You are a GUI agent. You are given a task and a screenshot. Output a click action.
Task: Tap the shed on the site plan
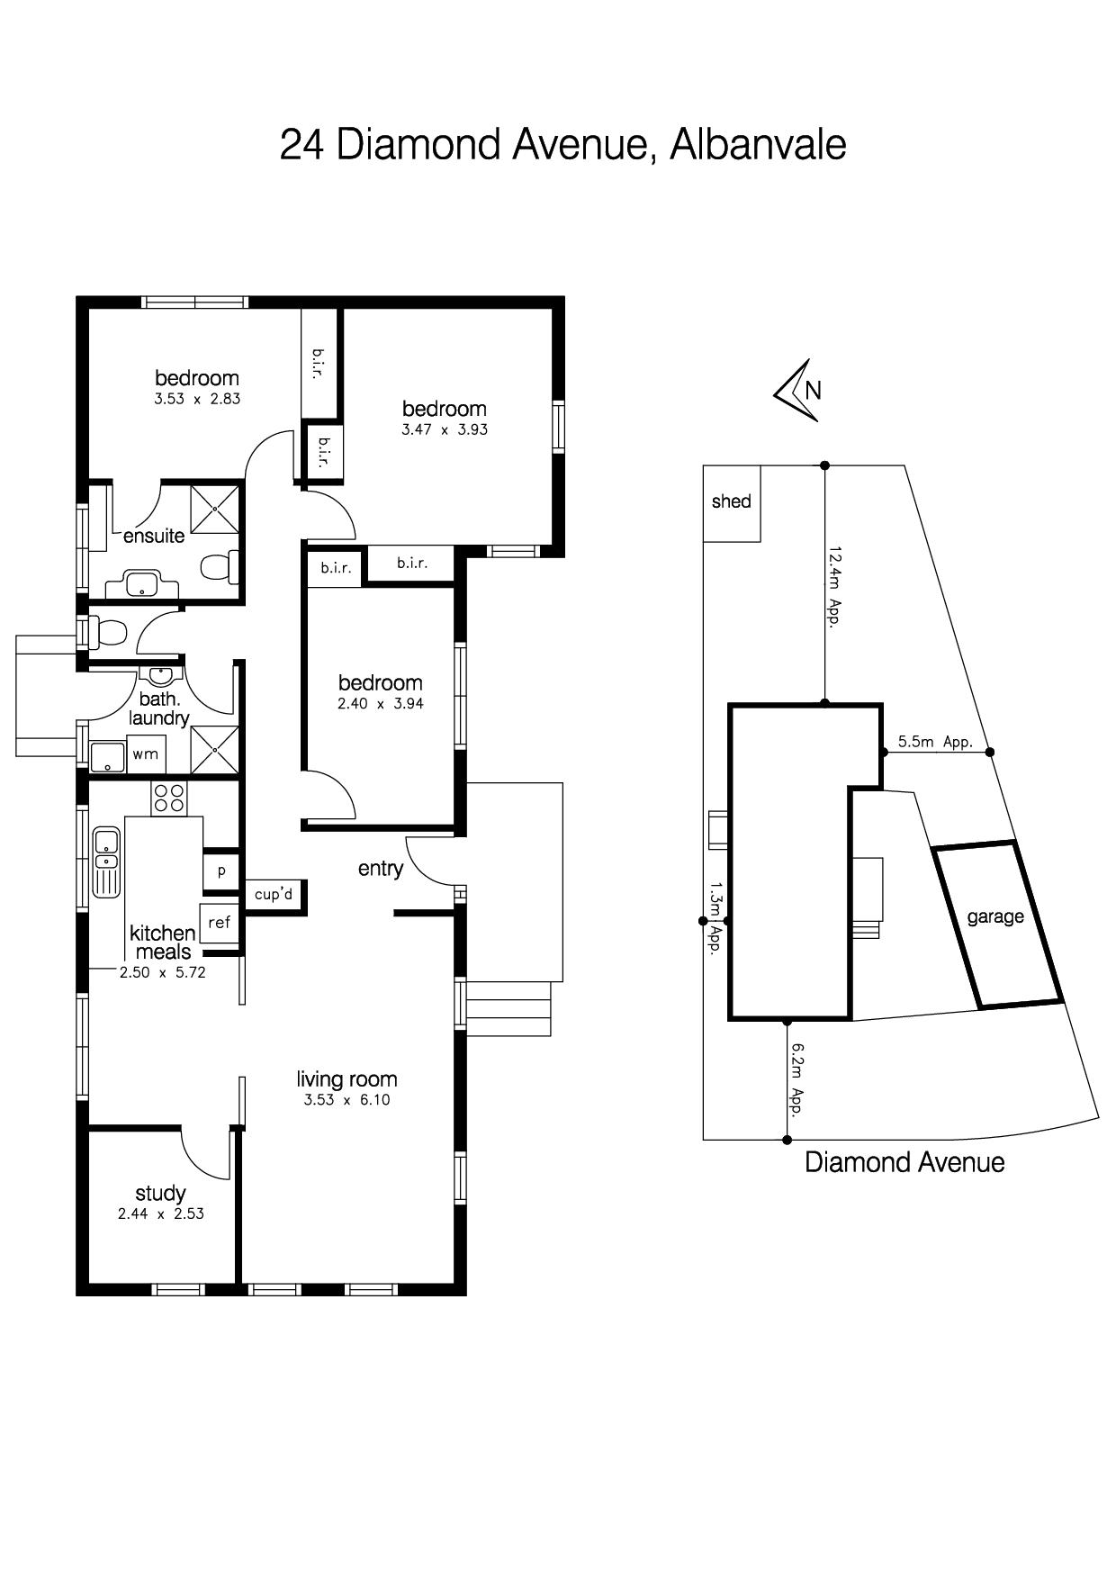(x=732, y=503)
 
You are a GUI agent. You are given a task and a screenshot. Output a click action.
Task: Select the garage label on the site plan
(x=995, y=917)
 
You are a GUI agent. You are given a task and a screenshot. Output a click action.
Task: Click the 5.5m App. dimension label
(x=936, y=742)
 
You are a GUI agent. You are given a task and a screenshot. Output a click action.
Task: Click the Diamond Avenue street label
(x=904, y=1162)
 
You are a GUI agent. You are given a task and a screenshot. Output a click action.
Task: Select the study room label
(x=160, y=1194)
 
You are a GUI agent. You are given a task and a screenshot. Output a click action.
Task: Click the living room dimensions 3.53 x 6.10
(x=346, y=1099)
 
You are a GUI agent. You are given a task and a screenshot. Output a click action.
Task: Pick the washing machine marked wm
(x=145, y=754)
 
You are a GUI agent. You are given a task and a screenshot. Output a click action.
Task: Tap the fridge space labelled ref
(x=219, y=923)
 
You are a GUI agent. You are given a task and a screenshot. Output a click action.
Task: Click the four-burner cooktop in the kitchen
(x=168, y=798)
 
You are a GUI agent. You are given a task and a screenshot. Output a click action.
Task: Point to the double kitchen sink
(x=106, y=862)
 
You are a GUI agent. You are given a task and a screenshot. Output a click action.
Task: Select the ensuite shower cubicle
(x=216, y=509)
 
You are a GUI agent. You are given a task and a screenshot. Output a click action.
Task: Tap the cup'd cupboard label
(x=274, y=895)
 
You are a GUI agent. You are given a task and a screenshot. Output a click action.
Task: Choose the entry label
(x=380, y=869)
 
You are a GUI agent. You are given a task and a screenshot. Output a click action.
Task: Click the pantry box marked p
(x=221, y=871)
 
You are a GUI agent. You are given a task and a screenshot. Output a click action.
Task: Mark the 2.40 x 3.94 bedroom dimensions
(x=380, y=704)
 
